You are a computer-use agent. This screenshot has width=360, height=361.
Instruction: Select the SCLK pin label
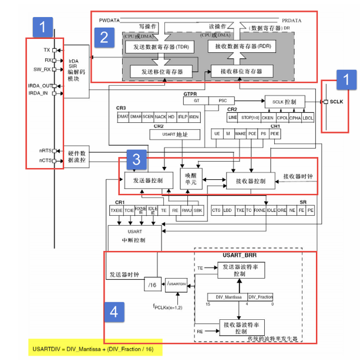[x=336, y=102]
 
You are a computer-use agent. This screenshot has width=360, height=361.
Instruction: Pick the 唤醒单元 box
[x=191, y=180]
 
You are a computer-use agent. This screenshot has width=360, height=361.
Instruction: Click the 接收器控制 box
[x=250, y=181]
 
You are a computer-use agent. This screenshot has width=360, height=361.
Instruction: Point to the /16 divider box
[x=152, y=284]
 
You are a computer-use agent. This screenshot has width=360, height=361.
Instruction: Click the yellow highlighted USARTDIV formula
[x=95, y=349]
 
